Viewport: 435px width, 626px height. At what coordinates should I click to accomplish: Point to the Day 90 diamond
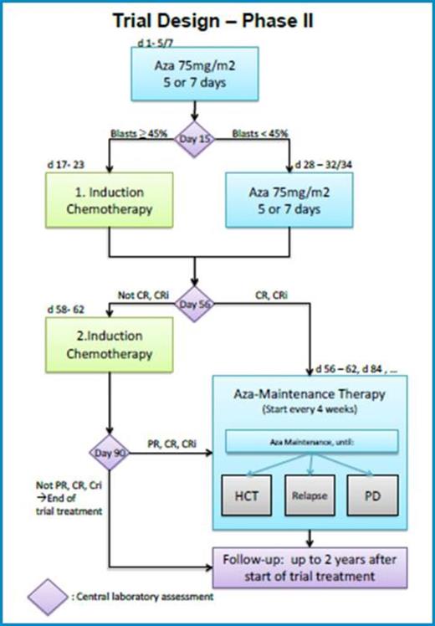pyautogui.click(x=110, y=453)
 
